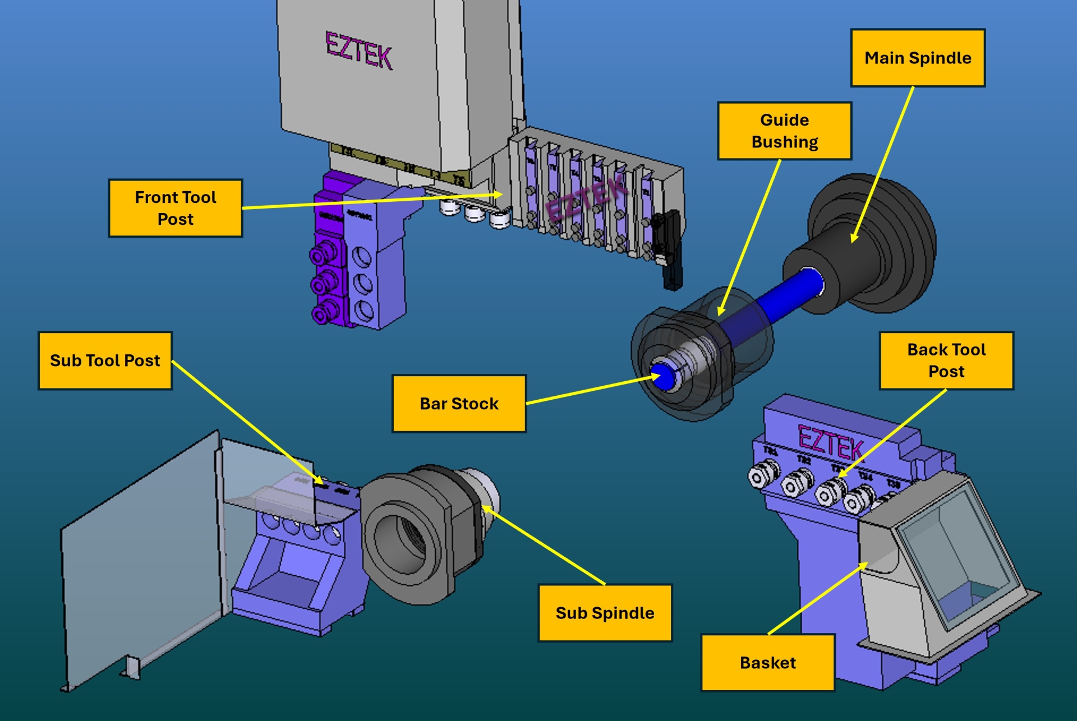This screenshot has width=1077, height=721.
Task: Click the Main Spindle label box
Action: (x=918, y=58)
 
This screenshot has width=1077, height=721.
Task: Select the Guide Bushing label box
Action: (x=784, y=131)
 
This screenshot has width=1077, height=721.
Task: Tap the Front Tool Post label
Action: (x=175, y=208)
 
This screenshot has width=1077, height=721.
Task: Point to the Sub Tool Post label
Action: (x=105, y=360)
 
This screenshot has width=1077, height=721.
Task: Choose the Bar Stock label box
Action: (x=459, y=404)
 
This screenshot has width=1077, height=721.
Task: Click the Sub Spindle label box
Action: (x=605, y=613)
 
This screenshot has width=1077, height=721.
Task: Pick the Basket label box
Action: (x=767, y=663)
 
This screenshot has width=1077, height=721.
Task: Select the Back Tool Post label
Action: (x=946, y=360)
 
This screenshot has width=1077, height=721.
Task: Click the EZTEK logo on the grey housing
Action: (x=358, y=50)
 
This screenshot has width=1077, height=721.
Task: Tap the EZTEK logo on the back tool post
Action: (x=830, y=443)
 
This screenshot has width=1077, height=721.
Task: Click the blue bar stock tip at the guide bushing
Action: (x=664, y=376)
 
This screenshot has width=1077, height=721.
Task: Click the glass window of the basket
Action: (x=954, y=555)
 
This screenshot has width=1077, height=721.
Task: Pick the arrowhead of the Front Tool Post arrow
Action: (x=501, y=194)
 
